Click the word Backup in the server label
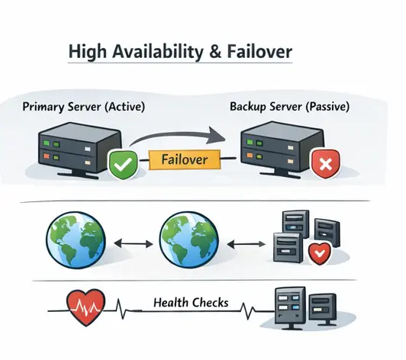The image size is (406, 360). point(250,108)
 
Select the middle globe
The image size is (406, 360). point(185,242)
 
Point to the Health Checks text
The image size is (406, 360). point(190,303)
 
